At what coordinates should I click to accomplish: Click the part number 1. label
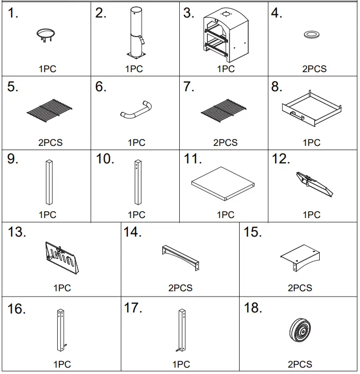[x=13, y=14]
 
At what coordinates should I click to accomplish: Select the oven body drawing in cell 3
[x=225, y=34]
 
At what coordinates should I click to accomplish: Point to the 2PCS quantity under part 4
[x=314, y=69]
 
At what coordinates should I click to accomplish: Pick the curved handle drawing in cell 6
[x=136, y=109]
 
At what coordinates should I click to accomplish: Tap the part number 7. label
[x=189, y=88]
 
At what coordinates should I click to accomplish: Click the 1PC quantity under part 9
[x=48, y=215]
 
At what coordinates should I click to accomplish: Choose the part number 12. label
[x=281, y=159]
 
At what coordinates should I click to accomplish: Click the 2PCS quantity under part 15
[x=300, y=288]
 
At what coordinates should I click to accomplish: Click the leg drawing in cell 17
[x=181, y=330]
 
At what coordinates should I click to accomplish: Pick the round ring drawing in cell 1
[x=48, y=34]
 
